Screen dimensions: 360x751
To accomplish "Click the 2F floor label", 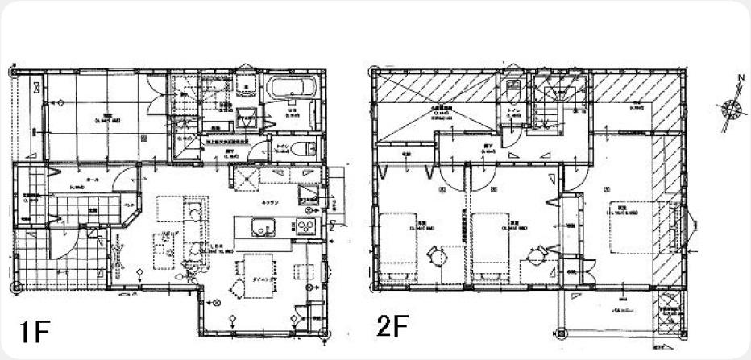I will [x=392, y=327].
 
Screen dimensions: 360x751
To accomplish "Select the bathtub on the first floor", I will [x=293, y=91].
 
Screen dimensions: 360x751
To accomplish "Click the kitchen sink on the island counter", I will [x=263, y=232].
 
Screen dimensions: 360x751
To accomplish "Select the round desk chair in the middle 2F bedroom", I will [x=534, y=256].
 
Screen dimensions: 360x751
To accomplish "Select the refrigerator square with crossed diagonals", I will [x=245, y=179].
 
